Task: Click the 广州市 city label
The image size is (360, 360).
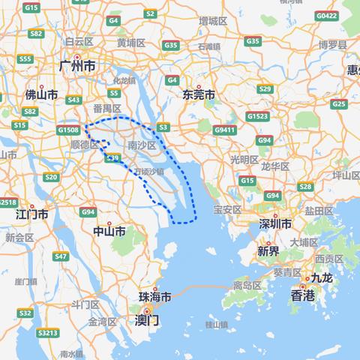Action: (77, 67)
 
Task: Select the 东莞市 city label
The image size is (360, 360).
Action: (199, 95)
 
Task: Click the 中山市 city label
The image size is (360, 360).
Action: (109, 231)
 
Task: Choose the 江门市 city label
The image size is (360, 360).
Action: (32, 214)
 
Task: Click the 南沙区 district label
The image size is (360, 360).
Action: (142, 145)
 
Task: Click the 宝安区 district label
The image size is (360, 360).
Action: (226, 209)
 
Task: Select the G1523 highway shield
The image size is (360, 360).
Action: (259, 116)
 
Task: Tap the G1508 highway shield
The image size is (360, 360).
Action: (68, 130)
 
